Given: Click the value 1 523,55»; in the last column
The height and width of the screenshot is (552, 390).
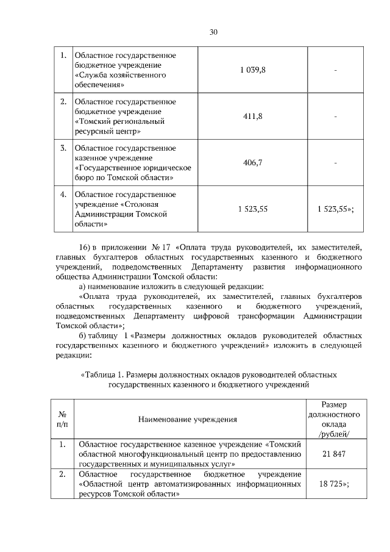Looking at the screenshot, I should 336,209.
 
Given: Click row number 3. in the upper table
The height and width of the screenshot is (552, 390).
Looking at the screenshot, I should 63,148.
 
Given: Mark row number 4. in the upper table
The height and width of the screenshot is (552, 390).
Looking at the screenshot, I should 63,195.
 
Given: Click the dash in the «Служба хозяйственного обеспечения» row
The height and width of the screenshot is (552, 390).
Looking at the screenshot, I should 336,71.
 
